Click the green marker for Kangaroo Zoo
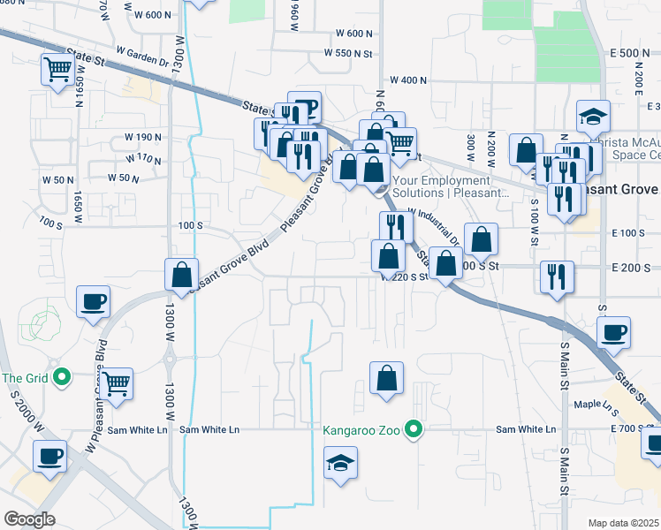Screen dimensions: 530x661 point(412,430)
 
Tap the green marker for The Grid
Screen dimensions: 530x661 point(61,378)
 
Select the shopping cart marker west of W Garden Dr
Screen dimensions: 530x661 point(57,69)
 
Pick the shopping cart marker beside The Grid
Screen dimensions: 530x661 point(116,382)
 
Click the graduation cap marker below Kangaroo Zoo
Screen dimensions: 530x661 point(340,464)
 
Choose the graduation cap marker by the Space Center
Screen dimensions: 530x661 point(593,116)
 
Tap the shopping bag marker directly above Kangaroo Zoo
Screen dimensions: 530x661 point(386,378)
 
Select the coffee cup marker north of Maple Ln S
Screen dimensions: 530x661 point(613,332)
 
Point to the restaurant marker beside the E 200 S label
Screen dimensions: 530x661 point(557,276)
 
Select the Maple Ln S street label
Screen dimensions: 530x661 point(596,405)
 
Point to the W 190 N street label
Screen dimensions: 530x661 point(143,138)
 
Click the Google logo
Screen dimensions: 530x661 point(29,519)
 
